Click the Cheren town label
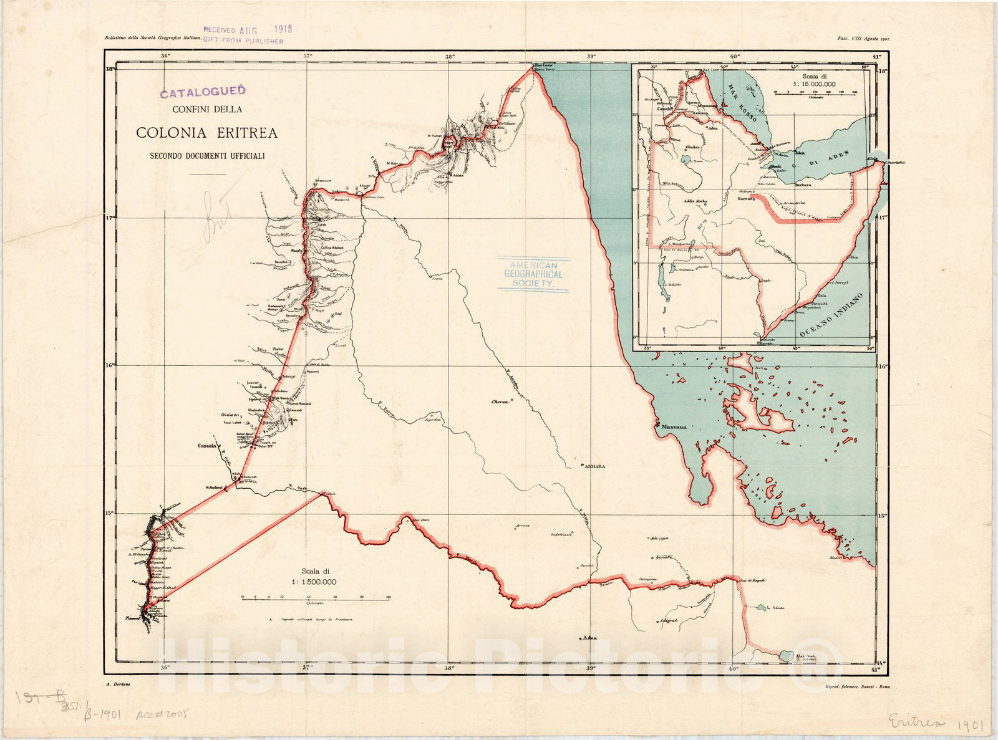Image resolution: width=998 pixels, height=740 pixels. point(500,402)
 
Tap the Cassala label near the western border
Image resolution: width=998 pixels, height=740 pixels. point(206,446)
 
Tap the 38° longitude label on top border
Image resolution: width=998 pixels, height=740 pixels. point(450,56)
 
